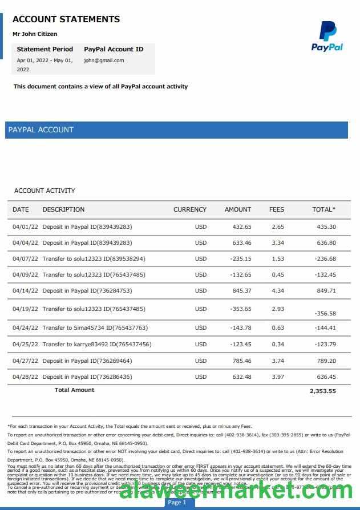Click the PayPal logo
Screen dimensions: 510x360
[x=327, y=36]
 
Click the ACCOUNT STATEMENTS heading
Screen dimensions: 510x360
[x=66, y=19]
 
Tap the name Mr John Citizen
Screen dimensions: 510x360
[x=35, y=34]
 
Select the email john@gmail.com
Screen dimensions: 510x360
[x=104, y=60]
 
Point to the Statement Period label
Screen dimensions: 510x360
[x=45, y=49]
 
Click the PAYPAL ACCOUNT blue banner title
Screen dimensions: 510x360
[x=41, y=130]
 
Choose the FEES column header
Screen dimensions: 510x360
[x=277, y=209]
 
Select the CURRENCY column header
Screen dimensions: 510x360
[x=190, y=209]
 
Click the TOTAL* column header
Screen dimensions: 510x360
[x=324, y=209]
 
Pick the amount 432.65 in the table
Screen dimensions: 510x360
[x=242, y=227]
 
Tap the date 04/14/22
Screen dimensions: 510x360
[x=25, y=291]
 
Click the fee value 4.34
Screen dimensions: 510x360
[x=278, y=291]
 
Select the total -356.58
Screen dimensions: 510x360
[x=325, y=314]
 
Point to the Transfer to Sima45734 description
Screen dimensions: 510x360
[x=95, y=328]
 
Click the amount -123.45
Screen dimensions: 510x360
[x=241, y=345]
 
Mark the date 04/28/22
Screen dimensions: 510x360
[x=25, y=377]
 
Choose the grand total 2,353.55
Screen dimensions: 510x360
[x=323, y=391]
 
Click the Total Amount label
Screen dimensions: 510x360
[x=74, y=390]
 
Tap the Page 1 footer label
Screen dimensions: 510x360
[x=177, y=503]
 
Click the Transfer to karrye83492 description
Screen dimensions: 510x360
[x=96, y=345]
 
